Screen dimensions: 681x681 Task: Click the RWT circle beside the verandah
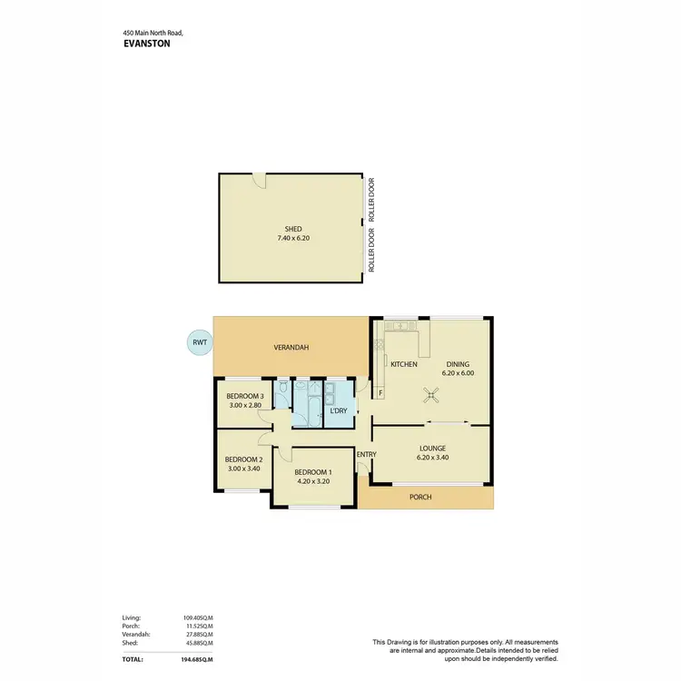coord(197,342)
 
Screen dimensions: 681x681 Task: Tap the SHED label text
coord(292,229)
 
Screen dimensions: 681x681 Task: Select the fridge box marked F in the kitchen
coord(380,393)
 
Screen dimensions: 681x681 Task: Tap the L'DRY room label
coord(338,411)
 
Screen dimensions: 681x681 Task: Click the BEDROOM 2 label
coord(242,459)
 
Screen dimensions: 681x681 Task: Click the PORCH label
coord(420,498)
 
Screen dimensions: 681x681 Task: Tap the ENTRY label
coord(367,455)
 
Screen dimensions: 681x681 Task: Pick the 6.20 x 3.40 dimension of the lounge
coord(432,458)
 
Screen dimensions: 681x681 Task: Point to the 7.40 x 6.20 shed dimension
coord(292,238)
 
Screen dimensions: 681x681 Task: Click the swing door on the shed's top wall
coord(260,180)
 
